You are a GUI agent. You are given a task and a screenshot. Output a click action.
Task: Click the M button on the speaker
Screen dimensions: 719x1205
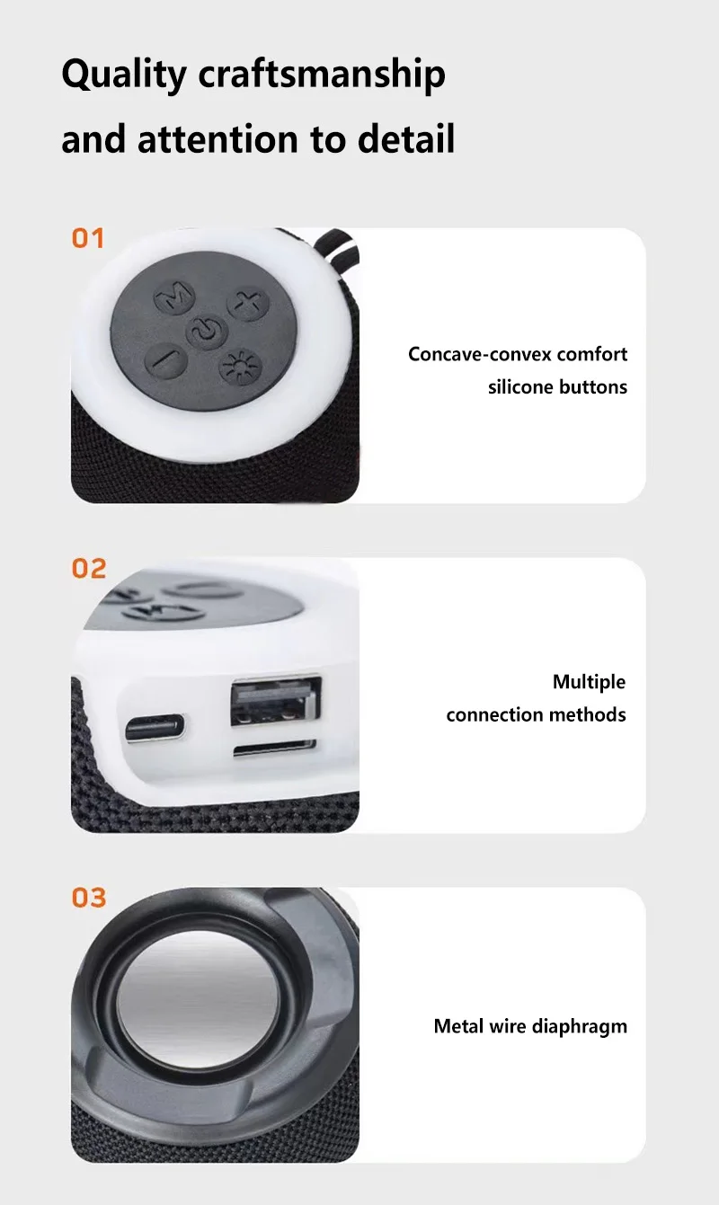click(174, 297)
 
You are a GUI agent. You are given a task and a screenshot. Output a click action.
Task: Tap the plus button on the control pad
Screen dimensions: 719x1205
click(247, 305)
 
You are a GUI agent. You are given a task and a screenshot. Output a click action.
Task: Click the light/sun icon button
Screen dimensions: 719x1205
click(241, 368)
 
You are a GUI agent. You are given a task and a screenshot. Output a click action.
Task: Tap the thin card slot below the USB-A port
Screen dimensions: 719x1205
click(274, 748)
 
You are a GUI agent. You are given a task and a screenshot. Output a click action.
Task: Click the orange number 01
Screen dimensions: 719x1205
click(88, 238)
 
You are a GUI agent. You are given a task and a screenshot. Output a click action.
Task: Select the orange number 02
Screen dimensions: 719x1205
click(89, 568)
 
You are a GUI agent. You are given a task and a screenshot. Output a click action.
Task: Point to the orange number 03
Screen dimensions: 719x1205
click(89, 898)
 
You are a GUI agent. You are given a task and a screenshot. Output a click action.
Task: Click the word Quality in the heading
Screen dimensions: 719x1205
click(124, 75)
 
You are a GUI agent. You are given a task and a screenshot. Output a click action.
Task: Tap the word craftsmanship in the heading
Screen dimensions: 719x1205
click(322, 75)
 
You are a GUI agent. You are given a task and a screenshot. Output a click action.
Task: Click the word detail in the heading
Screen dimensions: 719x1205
click(405, 138)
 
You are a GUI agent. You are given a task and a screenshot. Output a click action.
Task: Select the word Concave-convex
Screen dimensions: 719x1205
click(479, 355)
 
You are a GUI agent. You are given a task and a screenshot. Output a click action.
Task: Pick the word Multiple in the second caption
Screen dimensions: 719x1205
click(589, 682)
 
